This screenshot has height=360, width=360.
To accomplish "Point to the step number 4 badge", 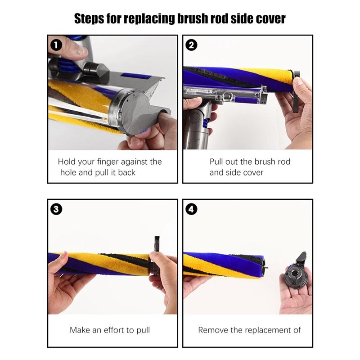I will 190,209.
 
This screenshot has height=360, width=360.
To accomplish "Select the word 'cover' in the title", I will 270,19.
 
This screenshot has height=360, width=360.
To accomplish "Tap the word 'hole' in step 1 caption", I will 68,172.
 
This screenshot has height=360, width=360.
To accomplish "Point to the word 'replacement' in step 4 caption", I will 261,330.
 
